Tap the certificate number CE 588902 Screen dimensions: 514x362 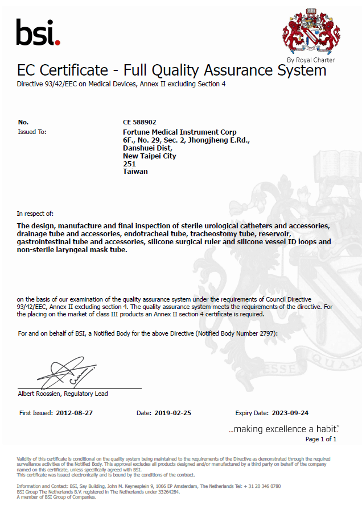[139, 122]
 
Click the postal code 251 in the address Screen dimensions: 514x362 [129, 164]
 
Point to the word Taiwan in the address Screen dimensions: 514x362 [135, 171]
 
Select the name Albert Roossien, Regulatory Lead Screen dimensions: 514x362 [63, 394]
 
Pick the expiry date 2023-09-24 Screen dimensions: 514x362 [288, 413]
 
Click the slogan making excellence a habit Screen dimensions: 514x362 [283, 429]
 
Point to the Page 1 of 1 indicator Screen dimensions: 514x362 [321, 439]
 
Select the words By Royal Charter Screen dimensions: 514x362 [311, 60]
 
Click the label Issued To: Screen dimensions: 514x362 [32, 132]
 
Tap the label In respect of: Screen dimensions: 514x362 [35, 214]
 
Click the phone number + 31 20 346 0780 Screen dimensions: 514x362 [261, 486]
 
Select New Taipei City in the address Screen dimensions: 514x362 [150, 156]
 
